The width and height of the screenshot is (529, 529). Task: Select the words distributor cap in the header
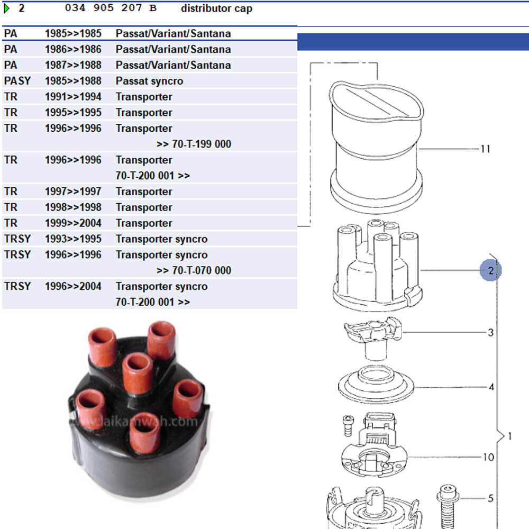pos(216,8)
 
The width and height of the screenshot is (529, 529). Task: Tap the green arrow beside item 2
pos(7,8)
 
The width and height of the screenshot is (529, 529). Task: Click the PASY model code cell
pos(17,81)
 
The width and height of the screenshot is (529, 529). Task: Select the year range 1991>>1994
pos(73,97)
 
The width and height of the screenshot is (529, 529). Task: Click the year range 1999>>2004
pos(73,223)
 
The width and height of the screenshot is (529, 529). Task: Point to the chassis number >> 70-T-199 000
pos(194,144)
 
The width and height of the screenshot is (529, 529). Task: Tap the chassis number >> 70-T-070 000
pos(194,271)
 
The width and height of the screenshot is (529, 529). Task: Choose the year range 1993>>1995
pos(73,239)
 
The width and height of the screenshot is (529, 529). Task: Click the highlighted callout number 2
pos(491,271)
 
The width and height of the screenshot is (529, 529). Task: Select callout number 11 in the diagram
pos(485,149)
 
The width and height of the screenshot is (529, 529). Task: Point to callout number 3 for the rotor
pos(491,333)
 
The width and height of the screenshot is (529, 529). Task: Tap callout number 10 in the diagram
pos(488,457)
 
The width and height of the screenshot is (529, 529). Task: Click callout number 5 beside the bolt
pos(490,498)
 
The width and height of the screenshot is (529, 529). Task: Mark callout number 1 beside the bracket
pos(509,437)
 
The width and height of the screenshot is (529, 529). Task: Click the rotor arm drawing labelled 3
pos(373,336)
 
